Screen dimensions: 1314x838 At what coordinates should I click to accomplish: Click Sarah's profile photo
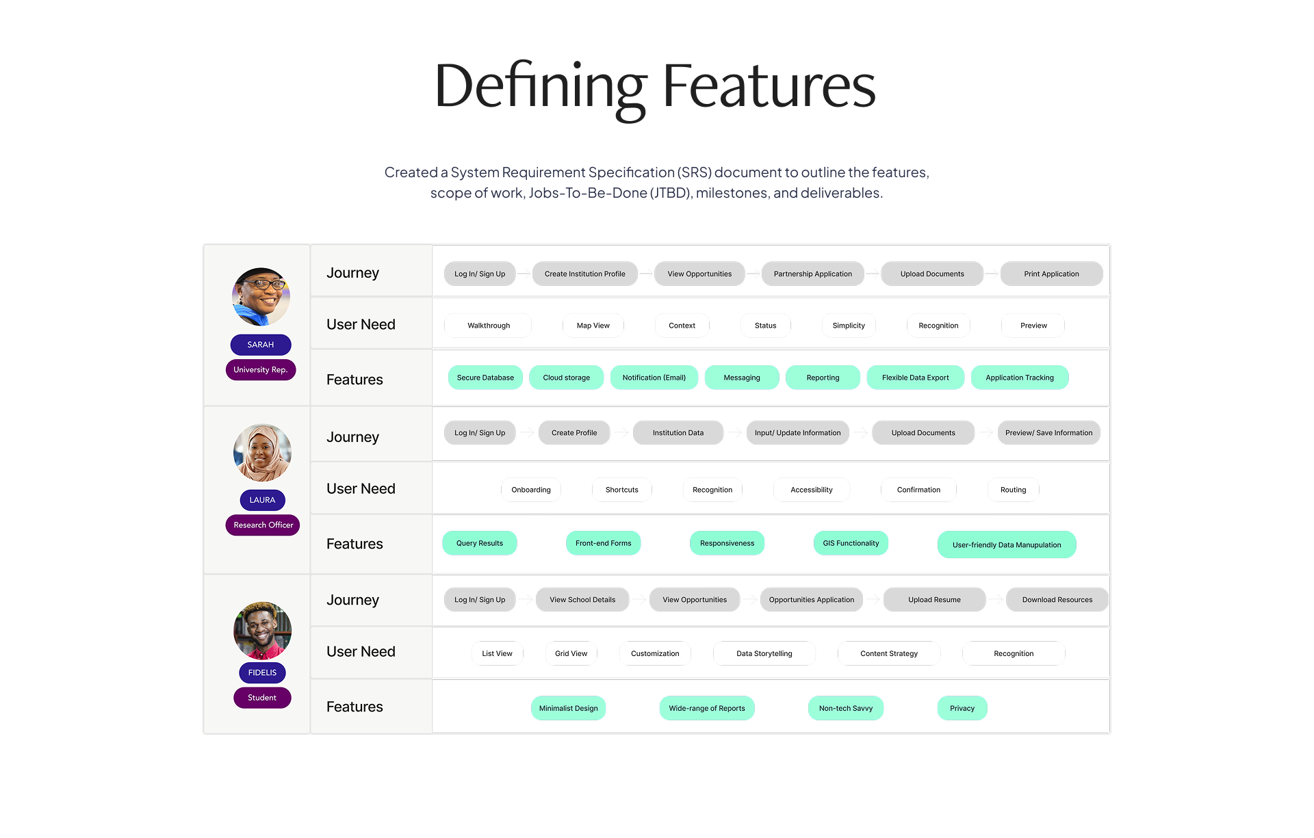[261, 296]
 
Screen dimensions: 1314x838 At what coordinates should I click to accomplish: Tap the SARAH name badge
[261, 345]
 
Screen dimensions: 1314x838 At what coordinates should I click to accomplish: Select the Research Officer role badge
[263, 525]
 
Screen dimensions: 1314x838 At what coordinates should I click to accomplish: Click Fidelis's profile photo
[262, 630]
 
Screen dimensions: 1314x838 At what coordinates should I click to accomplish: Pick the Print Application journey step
[1051, 274]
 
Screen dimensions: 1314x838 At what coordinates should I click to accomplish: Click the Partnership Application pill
[812, 274]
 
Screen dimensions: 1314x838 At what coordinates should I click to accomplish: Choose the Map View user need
[593, 326]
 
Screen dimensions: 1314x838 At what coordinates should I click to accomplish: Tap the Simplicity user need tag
[849, 326]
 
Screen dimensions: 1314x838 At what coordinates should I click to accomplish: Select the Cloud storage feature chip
[566, 378]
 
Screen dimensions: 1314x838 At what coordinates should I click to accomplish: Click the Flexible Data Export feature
[915, 378]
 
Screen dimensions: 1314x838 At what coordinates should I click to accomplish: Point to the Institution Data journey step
[678, 433]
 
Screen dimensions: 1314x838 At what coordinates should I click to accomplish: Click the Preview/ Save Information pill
[1048, 433]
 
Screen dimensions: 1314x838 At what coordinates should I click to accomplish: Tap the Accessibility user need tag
[812, 490]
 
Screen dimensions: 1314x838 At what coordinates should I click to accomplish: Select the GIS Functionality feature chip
[851, 543]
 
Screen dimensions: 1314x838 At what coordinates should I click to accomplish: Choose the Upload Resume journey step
[934, 600]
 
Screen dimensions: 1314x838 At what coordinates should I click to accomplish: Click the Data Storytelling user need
[764, 653]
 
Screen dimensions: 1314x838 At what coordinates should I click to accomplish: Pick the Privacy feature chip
[962, 708]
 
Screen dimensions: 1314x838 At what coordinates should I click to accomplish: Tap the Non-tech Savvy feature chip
[845, 708]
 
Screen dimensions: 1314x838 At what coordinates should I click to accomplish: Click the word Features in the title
[769, 86]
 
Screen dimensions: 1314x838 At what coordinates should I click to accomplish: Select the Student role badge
[262, 698]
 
